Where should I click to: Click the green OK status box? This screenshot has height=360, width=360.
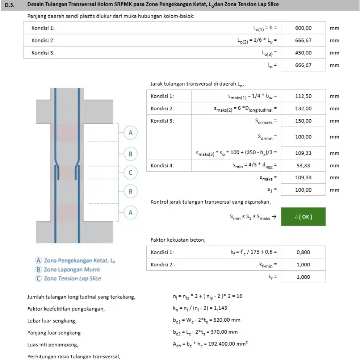(303, 216)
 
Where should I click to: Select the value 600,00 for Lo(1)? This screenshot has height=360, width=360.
(303, 28)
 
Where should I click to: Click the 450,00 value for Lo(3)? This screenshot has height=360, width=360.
(303, 53)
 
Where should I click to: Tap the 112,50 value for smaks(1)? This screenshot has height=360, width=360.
(303, 96)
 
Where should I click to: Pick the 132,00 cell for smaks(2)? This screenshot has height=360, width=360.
(303, 108)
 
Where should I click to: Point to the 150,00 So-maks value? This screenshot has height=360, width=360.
(303, 121)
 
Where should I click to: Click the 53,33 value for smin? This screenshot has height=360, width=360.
(303, 166)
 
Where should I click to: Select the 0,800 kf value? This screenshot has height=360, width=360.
(303, 252)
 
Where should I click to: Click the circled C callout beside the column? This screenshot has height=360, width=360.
(130, 172)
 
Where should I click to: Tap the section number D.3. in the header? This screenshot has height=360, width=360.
(10, 5)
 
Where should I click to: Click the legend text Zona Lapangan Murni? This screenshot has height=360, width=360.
(72, 269)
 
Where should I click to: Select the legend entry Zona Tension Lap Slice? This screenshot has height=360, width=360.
(72, 278)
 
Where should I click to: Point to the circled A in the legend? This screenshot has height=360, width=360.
(38, 260)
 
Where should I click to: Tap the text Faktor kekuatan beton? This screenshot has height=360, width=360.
(178, 240)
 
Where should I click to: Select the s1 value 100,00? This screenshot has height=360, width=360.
(303, 190)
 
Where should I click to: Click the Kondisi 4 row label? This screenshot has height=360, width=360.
(162, 166)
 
